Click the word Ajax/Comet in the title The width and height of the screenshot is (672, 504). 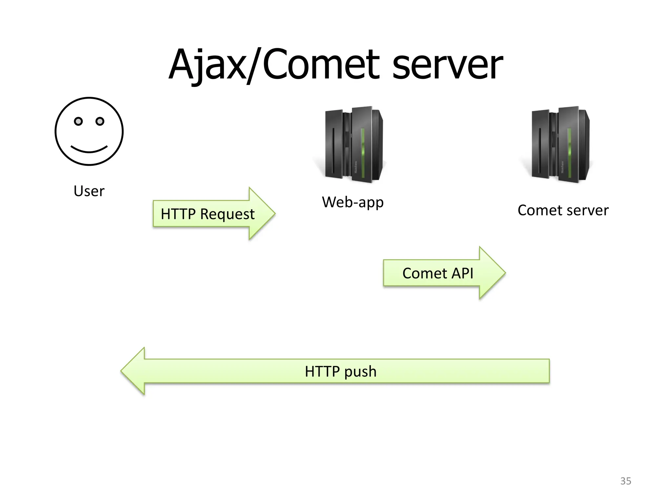pos(274,65)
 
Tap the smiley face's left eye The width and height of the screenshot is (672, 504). pos(78,121)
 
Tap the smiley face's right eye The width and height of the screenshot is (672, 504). pos(100,121)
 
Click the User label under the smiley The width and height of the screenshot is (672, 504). pos(89,191)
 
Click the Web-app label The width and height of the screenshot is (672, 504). pos(353,202)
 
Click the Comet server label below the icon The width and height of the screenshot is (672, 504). pos(563,210)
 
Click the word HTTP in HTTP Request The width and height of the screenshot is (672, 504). pos(178,214)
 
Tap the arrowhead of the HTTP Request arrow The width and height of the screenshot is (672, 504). pos(262,213)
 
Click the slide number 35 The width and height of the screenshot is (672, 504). pos(625,481)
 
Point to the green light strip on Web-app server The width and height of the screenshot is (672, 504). pos(363,153)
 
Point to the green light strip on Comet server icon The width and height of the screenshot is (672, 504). pos(569,153)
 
